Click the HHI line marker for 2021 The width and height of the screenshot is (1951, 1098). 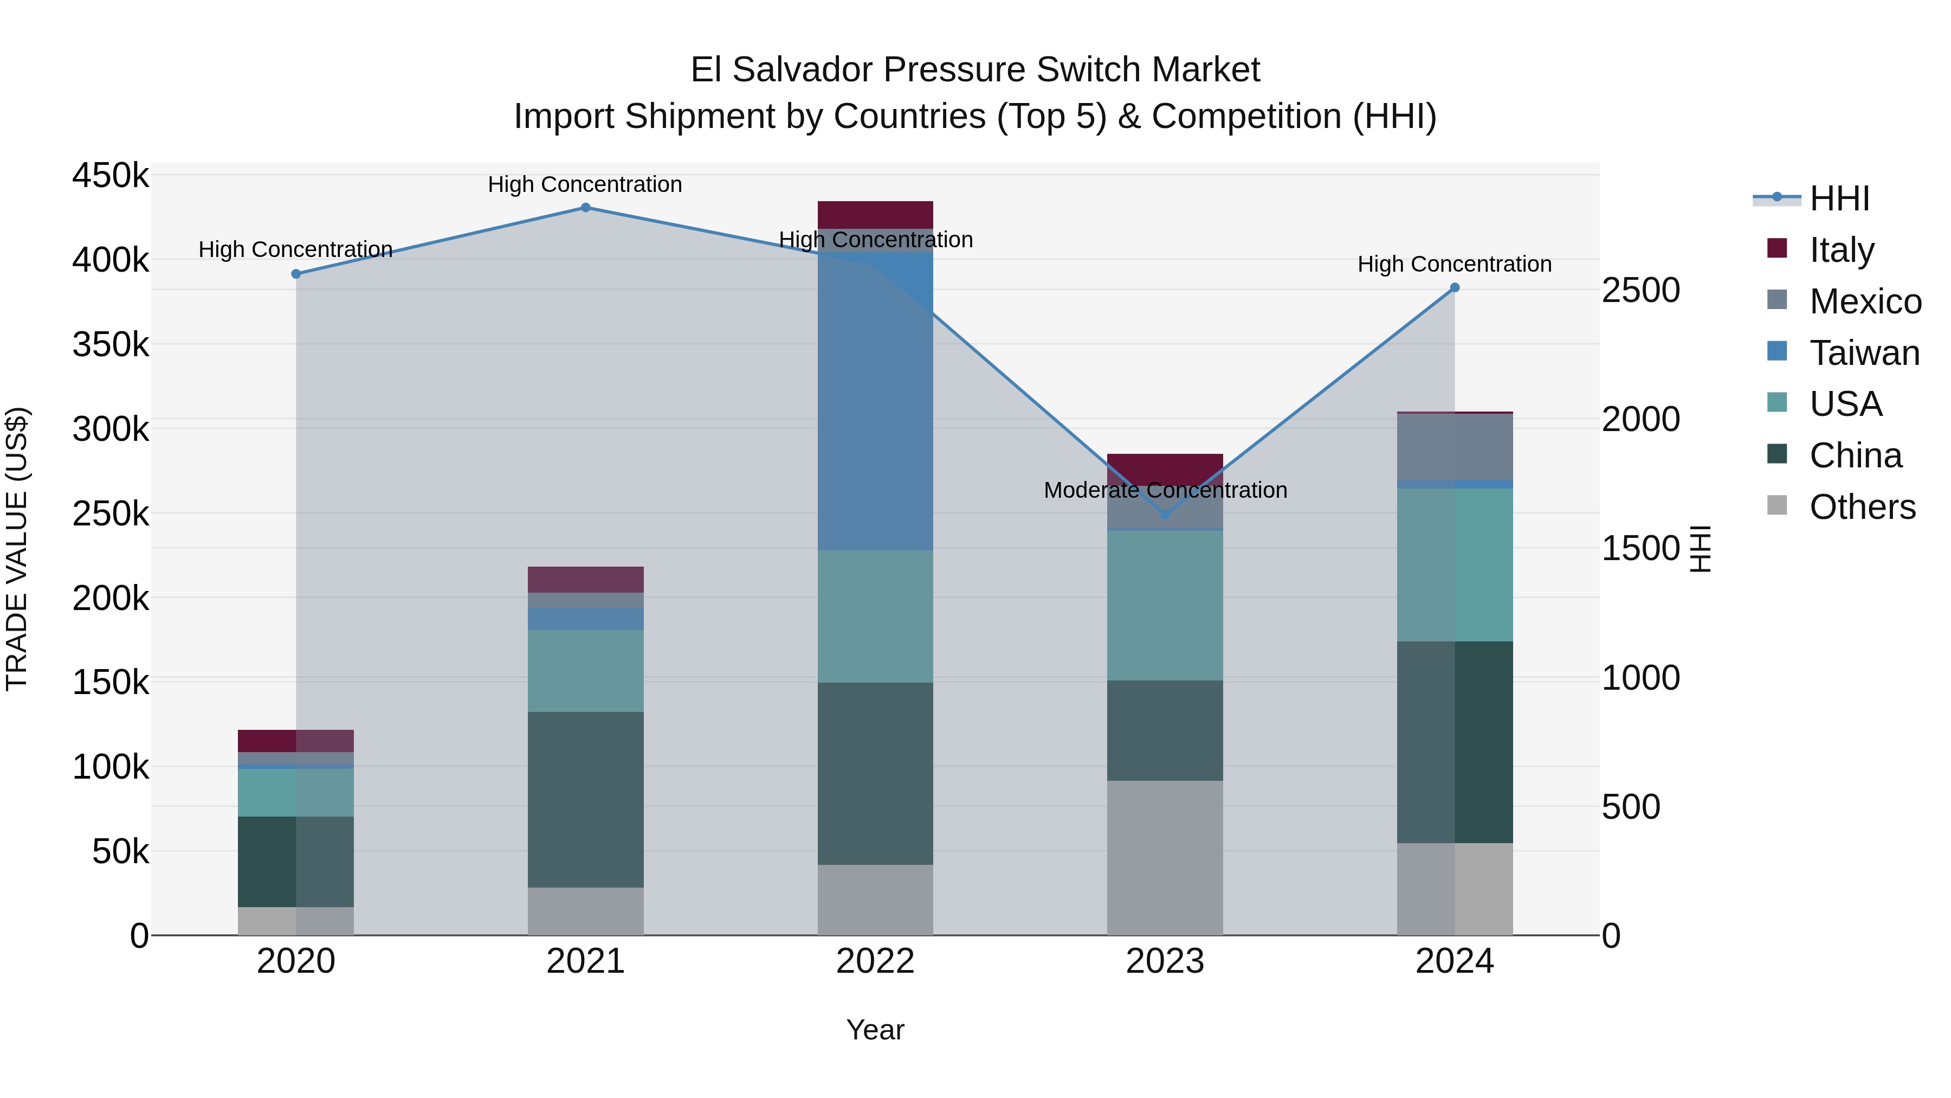point(585,208)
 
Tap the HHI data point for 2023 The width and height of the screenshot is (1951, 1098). point(1165,515)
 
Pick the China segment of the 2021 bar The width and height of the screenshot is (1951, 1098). point(585,799)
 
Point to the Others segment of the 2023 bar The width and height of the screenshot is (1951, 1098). point(1165,858)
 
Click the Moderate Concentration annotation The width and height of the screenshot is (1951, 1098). point(1165,490)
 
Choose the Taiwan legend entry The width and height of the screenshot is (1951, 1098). point(1864,353)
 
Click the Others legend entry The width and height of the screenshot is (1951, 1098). point(1862,507)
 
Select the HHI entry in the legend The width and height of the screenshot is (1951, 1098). point(1839,198)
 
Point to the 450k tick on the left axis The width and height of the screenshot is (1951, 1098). point(111,176)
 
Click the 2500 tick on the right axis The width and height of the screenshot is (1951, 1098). point(1640,290)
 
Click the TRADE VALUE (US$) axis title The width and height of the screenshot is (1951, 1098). point(17,549)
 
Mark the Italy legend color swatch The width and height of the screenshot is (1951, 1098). point(1777,248)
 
